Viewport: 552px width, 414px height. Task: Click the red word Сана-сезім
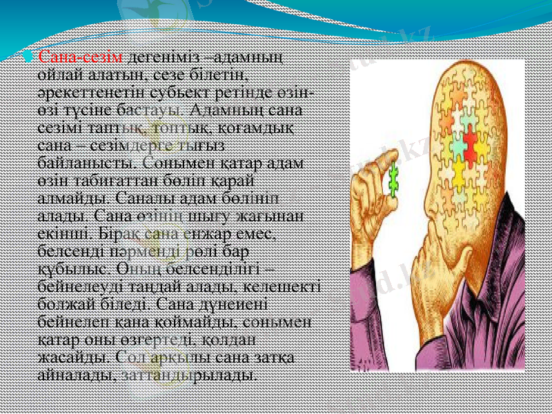(81, 57)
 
